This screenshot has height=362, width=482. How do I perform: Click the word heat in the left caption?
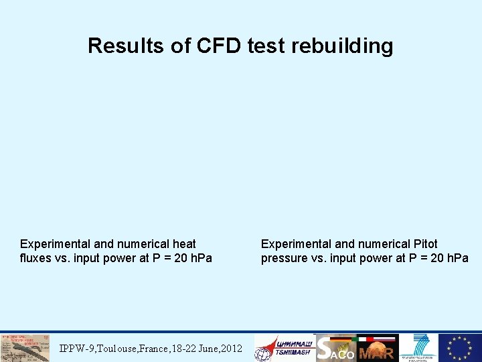pyautogui.click(x=183, y=244)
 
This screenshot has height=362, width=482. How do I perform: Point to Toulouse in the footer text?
pyautogui.click(x=119, y=349)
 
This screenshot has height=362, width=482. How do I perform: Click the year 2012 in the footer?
pyautogui.click(x=231, y=349)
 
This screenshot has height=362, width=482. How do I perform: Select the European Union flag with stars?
pyautogui.click(x=460, y=348)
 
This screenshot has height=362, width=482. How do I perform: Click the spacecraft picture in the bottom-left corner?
pyautogui.click(x=25, y=348)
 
